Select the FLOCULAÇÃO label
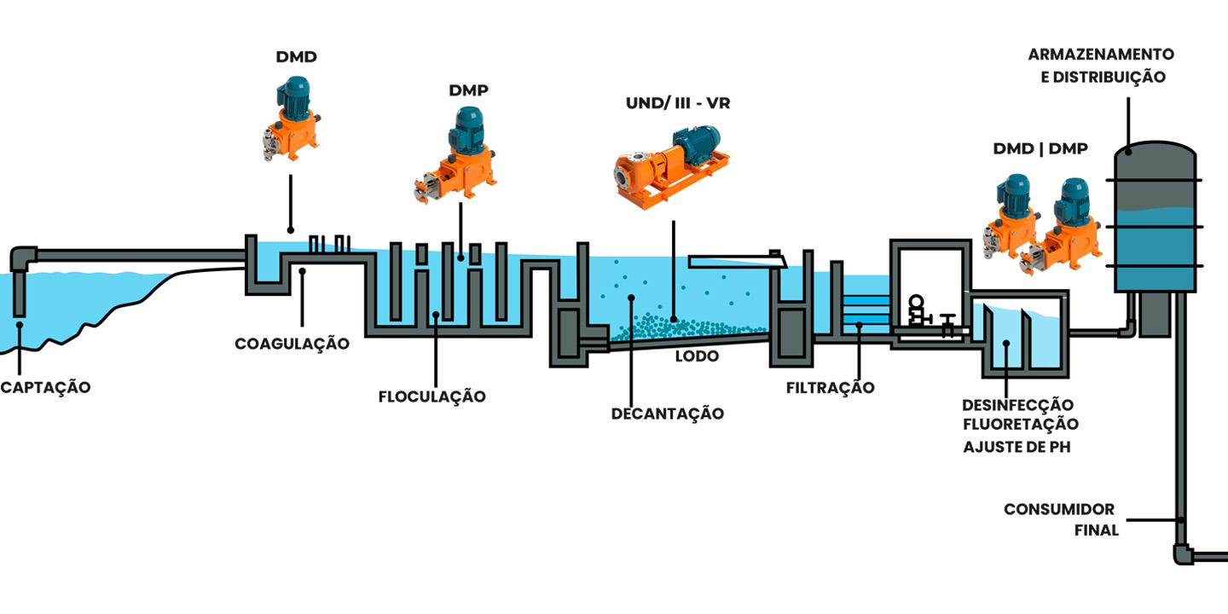[432, 397]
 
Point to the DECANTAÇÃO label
[668, 414]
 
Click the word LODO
[697, 356]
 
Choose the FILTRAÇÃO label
[831, 388]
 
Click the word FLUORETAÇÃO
[1020, 424]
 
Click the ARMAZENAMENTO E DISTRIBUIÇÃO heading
[1101, 65]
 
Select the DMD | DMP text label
[1040, 148]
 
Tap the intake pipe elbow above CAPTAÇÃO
[23, 257]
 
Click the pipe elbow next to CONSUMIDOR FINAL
[1183, 552]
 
